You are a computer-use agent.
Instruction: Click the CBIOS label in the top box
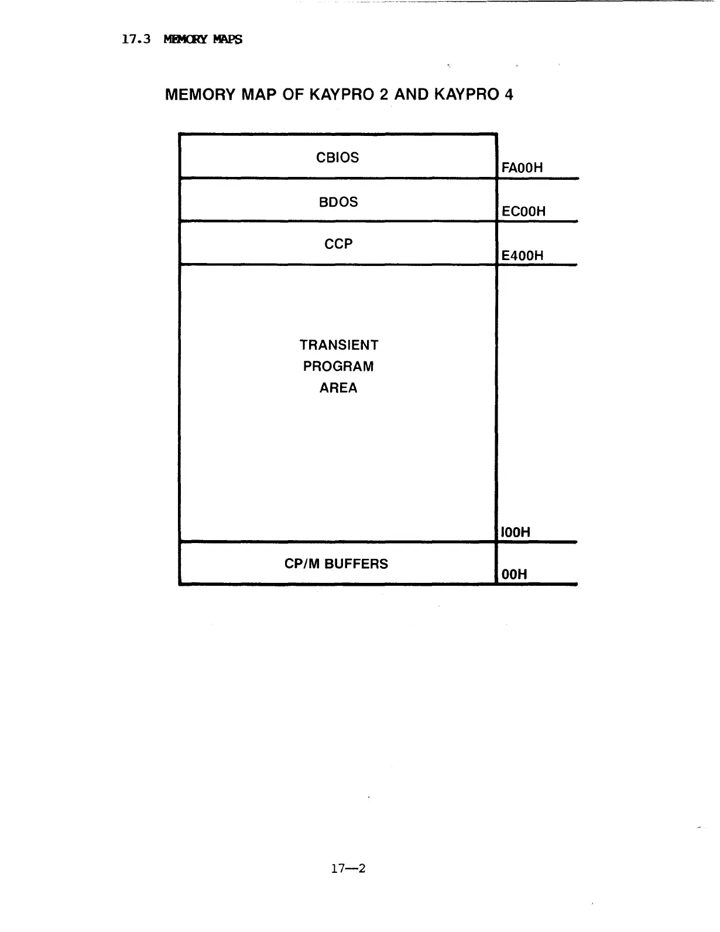point(337,158)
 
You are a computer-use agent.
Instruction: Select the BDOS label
point(338,202)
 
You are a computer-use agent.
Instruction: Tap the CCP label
point(338,244)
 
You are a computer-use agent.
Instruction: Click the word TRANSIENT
point(339,345)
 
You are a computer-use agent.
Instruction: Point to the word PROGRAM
point(338,367)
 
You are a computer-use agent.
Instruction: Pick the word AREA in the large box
point(338,388)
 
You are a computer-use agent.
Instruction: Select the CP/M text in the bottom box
point(302,564)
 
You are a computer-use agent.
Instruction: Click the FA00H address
point(522,168)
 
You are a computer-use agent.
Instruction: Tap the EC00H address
point(523,211)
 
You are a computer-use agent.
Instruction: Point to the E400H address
point(522,255)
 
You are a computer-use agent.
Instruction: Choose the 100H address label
point(516,532)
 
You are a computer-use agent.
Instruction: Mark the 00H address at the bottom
point(515,575)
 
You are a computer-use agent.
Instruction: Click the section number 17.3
point(136,39)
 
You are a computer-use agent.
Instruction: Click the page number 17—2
point(348,868)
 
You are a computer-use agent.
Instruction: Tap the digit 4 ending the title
point(509,94)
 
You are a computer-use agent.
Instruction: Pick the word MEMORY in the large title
point(200,94)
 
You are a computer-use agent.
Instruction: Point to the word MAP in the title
point(259,94)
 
